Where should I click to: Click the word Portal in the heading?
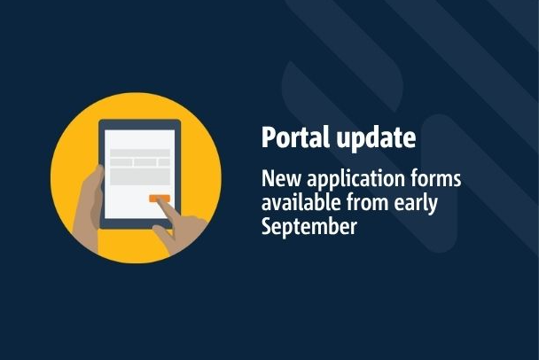click(x=295, y=137)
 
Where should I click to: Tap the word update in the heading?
click(x=377, y=137)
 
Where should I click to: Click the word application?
click(x=355, y=180)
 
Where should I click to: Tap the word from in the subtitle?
click(x=367, y=202)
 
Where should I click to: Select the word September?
click(x=309, y=227)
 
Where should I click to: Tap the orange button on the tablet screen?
click(x=160, y=199)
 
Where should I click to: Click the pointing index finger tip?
click(x=160, y=200)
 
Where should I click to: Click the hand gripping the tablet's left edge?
click(x=90, y=207)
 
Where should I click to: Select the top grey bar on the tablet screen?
click(x=140, y=153)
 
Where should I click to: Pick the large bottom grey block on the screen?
click(x=140, y=176)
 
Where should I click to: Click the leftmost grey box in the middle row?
click(x=121, y=162)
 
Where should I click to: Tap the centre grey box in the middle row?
click(x=145, y=162)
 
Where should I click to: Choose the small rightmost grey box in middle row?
click(x=164, y=162)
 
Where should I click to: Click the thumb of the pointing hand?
click(x=162, y=232)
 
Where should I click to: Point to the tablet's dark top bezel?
click(x=139, y=124)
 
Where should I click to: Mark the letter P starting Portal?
click(x=268, y=137)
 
